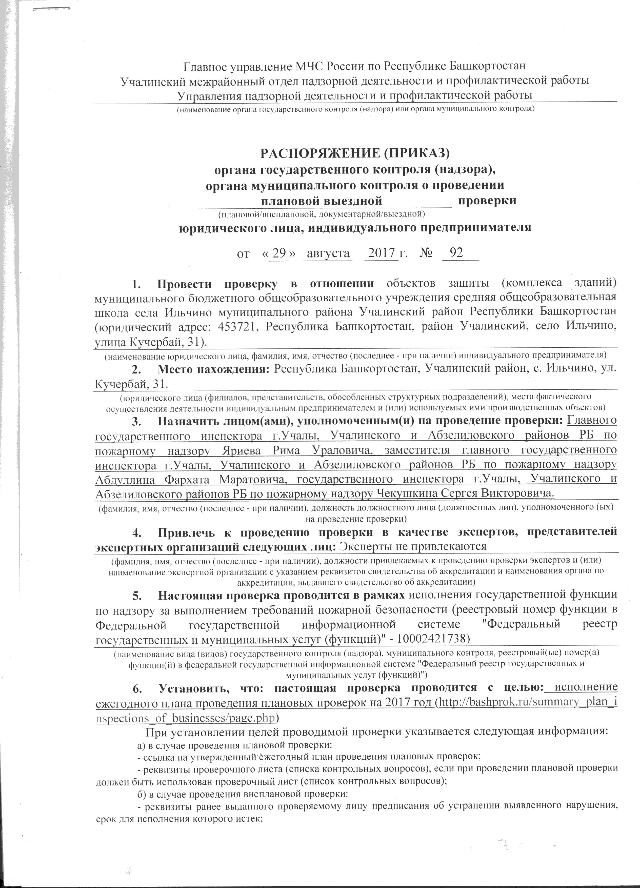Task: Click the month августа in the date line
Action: pos(328,253)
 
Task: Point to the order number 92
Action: pos(456,253)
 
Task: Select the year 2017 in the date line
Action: pos(381,253)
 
